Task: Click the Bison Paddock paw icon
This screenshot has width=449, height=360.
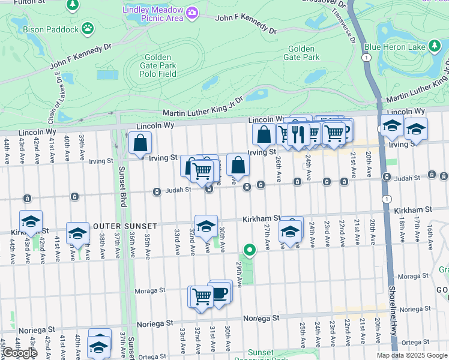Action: pos(88,28)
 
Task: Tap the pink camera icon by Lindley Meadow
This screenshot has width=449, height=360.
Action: pos(192,13)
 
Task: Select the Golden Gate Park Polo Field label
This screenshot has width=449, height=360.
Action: pos(158,65)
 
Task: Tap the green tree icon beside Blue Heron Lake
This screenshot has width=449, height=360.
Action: pos(435,46)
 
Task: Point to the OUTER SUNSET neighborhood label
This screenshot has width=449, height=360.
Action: pos(125,226)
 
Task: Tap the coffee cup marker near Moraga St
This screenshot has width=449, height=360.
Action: pos(220,292)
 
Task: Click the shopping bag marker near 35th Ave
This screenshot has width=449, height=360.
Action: pos(140,143)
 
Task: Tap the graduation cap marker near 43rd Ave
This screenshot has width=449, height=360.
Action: pos(31,221)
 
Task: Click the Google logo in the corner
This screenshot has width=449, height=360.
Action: pos(19,353)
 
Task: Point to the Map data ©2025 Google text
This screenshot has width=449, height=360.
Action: pos(411,355)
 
